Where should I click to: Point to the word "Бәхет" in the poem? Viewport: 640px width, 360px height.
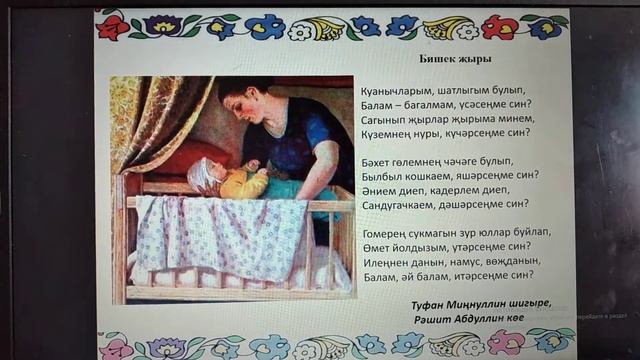pos(377,161)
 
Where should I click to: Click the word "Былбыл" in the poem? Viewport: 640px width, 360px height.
pos(379,175)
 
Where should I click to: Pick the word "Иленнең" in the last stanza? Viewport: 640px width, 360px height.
pos(383,260)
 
